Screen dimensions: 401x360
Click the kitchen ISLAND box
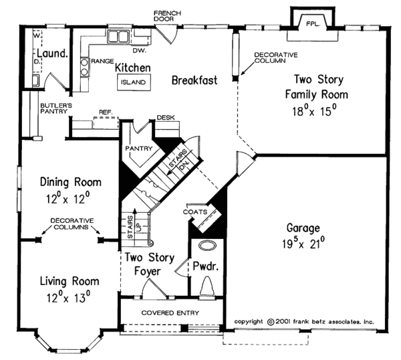(134, 82)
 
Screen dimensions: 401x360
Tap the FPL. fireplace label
(313, 24)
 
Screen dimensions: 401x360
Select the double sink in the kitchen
(118, 36)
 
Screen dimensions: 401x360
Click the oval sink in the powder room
(208, 245)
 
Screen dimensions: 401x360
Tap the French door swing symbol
(166, 34)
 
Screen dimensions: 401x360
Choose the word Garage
(303, 228)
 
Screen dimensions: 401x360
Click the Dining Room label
(71, 182)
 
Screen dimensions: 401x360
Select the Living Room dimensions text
(69, 298)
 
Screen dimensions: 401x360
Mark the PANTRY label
(139, 149)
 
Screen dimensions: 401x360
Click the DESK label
(166, 118)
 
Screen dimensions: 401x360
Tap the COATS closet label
(195, 212)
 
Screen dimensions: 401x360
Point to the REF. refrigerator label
(106, 112)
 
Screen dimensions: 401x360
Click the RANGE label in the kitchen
(102, 61)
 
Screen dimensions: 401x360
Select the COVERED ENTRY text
(170, 312)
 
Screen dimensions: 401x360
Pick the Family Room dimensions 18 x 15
(314, 111)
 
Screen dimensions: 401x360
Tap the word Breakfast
(194, 80)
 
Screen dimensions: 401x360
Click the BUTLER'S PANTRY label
(56, 108)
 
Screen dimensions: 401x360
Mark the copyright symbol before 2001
(270, 322)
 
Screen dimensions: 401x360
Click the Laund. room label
(53, 54)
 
